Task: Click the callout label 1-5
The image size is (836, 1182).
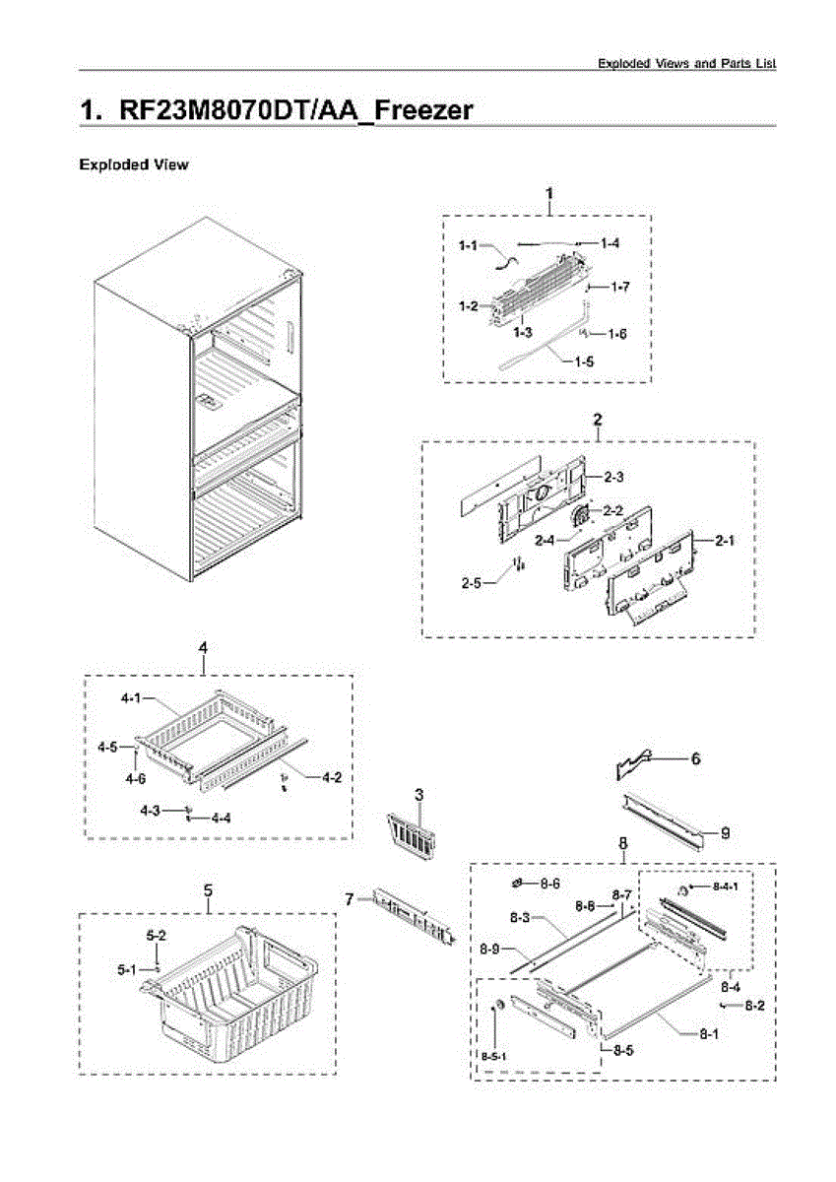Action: [584, 361]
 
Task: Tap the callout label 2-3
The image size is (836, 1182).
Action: [614, 477]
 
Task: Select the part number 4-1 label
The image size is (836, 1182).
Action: [131, 698]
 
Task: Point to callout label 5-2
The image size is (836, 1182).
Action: [156, 934]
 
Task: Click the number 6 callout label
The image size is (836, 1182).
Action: [695, 758]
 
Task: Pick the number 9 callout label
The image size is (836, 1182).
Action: [725, 833]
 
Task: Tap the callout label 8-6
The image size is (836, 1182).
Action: [549, 884]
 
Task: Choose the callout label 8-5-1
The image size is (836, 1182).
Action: [493, 1056]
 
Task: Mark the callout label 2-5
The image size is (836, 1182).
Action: [472, 582]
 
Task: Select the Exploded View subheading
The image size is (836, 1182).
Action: [133, 164]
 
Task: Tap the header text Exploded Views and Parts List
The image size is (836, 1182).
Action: [687, 63]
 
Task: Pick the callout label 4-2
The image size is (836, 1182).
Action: [332, 777]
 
